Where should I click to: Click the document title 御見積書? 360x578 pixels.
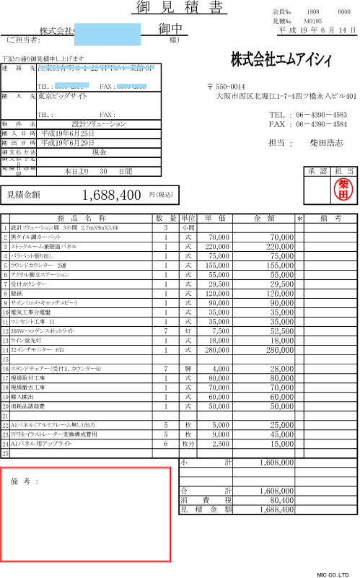coord(180,8)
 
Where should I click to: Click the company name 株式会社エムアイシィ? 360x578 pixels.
coord(287,58)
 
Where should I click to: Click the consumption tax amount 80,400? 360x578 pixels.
coord(278,499)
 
